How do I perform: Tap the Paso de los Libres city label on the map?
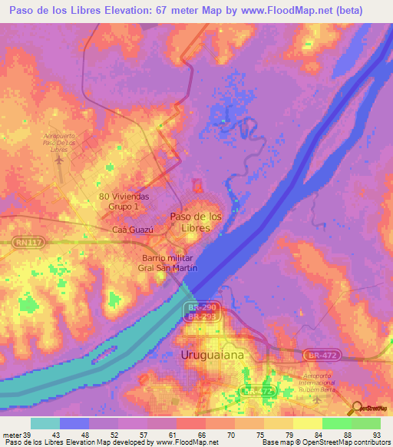point(196,222)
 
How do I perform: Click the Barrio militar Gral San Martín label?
point(170,263)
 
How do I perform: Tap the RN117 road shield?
point(26,243)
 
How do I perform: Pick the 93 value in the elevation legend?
point(375,435)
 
